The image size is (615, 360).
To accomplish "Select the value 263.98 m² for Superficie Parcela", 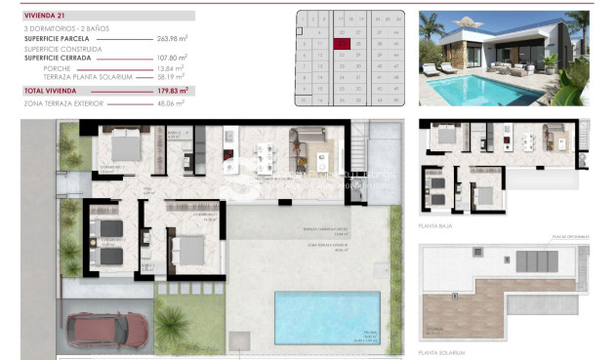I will pos(172,39).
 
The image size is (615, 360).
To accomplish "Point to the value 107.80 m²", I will pos(172,58).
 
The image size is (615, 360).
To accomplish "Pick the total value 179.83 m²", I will pos(172,90).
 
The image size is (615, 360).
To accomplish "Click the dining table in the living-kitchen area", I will pos(263,154).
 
